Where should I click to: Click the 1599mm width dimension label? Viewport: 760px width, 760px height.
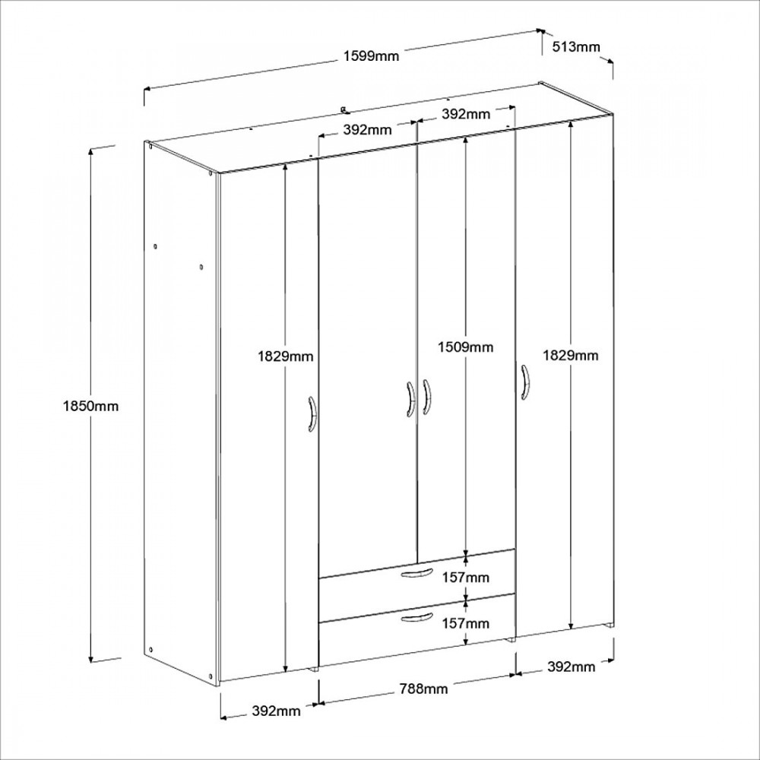[x=372, y=56]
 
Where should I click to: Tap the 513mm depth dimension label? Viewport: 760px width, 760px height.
[x=576, y=47]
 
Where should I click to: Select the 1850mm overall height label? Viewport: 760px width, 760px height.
[x=90, y=406]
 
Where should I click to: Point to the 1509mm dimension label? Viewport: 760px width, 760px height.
[x=466, y=347]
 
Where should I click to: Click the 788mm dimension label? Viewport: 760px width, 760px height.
[x=423, y=689]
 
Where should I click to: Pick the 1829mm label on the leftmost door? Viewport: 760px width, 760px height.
[x=286, y=356]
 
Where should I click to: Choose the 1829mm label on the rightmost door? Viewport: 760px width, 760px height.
[x=571, y=356]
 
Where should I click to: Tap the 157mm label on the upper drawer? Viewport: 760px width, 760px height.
[x=466, y=578]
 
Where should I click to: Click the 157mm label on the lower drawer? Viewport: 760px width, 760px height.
[x=465, y=623]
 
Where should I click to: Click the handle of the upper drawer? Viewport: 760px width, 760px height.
[x=416, y=573]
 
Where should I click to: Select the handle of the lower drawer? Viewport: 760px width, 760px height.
[x=416, y=617]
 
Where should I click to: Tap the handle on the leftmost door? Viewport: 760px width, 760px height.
[x=312, y=414]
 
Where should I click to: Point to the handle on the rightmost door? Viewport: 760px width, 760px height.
[x=525, y=382]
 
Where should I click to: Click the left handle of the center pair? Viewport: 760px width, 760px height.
[x=410, y=400]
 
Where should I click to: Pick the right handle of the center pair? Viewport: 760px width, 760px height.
[x=426, y=397]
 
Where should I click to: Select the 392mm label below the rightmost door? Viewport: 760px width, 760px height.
[x=572, y=667]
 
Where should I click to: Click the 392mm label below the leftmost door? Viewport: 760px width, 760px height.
[x=277, y=711]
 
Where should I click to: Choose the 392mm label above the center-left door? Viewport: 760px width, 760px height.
[x=367, y=130]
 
